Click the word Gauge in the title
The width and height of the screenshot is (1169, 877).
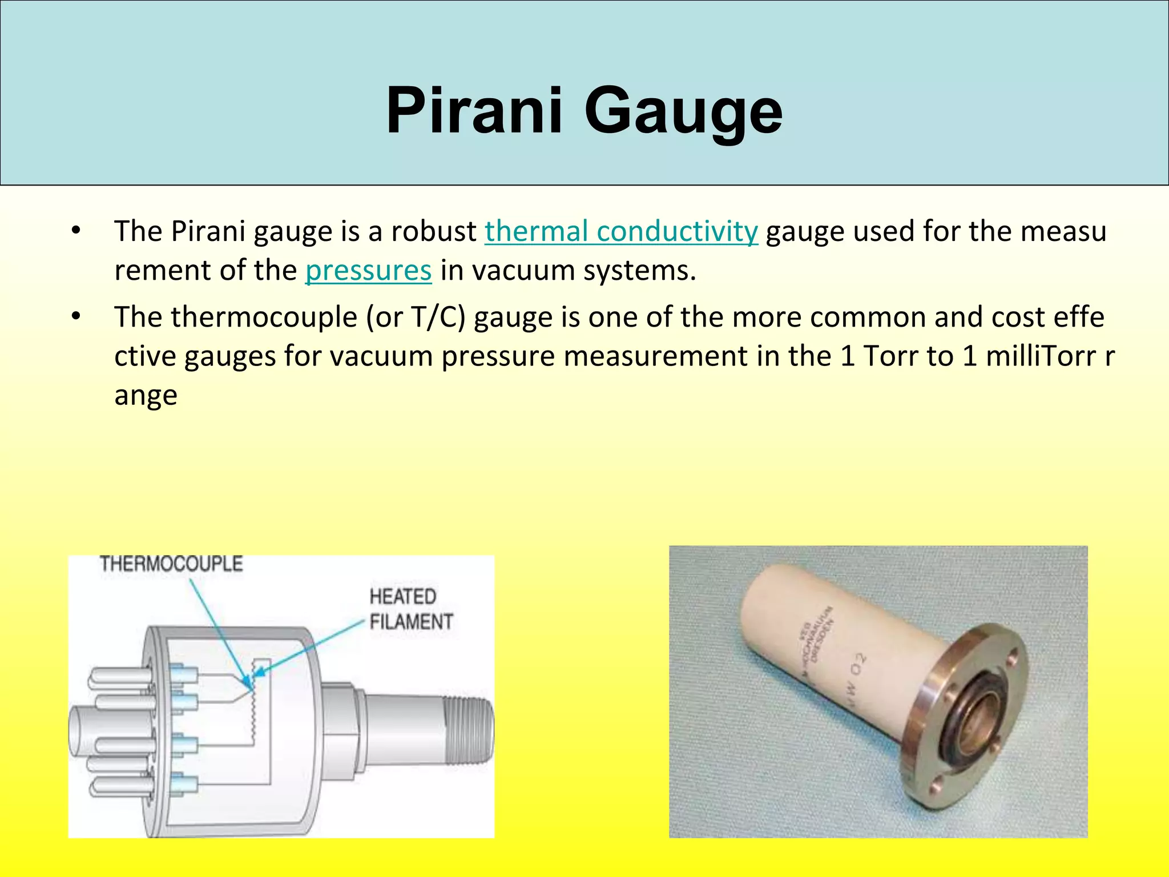pos(683,111)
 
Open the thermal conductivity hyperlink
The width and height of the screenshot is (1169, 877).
pos(621,231)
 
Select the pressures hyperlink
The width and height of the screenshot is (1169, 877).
pos(368,270)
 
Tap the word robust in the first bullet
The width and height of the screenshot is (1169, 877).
pos(433,231)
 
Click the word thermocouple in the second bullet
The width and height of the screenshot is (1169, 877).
pos(264,317)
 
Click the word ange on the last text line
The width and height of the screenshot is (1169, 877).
pos(146,395)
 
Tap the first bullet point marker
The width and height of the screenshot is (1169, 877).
pos(76,231)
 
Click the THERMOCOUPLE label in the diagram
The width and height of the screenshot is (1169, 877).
pos(171,564)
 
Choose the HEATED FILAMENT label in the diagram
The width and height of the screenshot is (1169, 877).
pos(411,609)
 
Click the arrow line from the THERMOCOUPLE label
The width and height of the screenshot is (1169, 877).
pos(217,628)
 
